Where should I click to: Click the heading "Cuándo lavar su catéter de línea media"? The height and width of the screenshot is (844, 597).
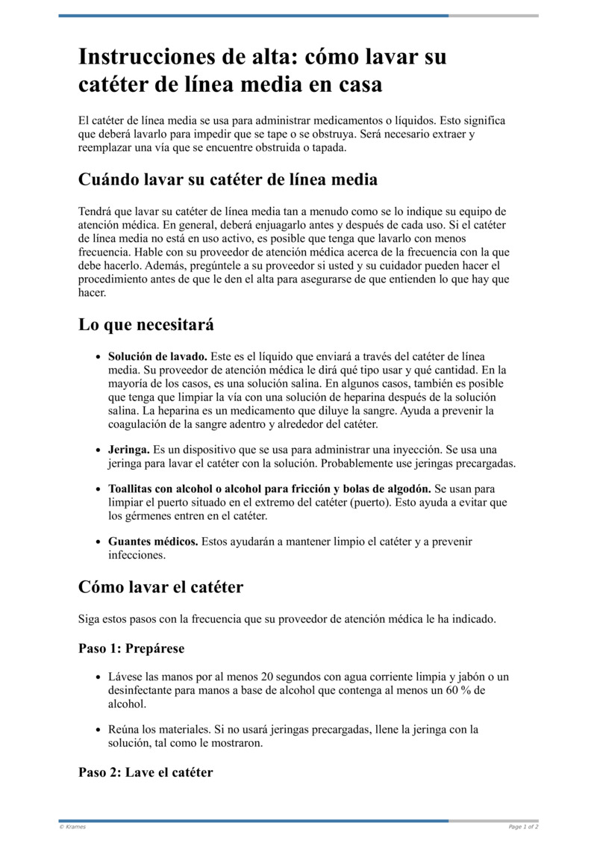(228, 180)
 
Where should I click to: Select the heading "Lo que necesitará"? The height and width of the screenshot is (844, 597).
(146, 325)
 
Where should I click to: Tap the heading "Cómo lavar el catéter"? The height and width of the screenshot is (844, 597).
(160, 587)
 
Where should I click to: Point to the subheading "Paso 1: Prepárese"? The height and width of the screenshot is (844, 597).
(131, 648)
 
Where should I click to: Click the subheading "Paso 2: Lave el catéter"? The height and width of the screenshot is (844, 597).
(146, 772)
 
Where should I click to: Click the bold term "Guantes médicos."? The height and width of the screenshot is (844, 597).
(153, 542)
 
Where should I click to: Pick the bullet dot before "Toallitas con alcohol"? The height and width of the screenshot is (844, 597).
(99, 489)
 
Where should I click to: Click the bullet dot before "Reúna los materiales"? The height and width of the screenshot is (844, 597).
(99, 730)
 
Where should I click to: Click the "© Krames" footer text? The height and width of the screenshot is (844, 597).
(72, 827)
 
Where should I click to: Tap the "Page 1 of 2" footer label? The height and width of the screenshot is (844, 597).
(523, 827)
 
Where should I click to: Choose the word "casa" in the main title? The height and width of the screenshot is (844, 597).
(353, 85)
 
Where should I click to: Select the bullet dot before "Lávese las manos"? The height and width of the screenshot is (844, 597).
(99, 678)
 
